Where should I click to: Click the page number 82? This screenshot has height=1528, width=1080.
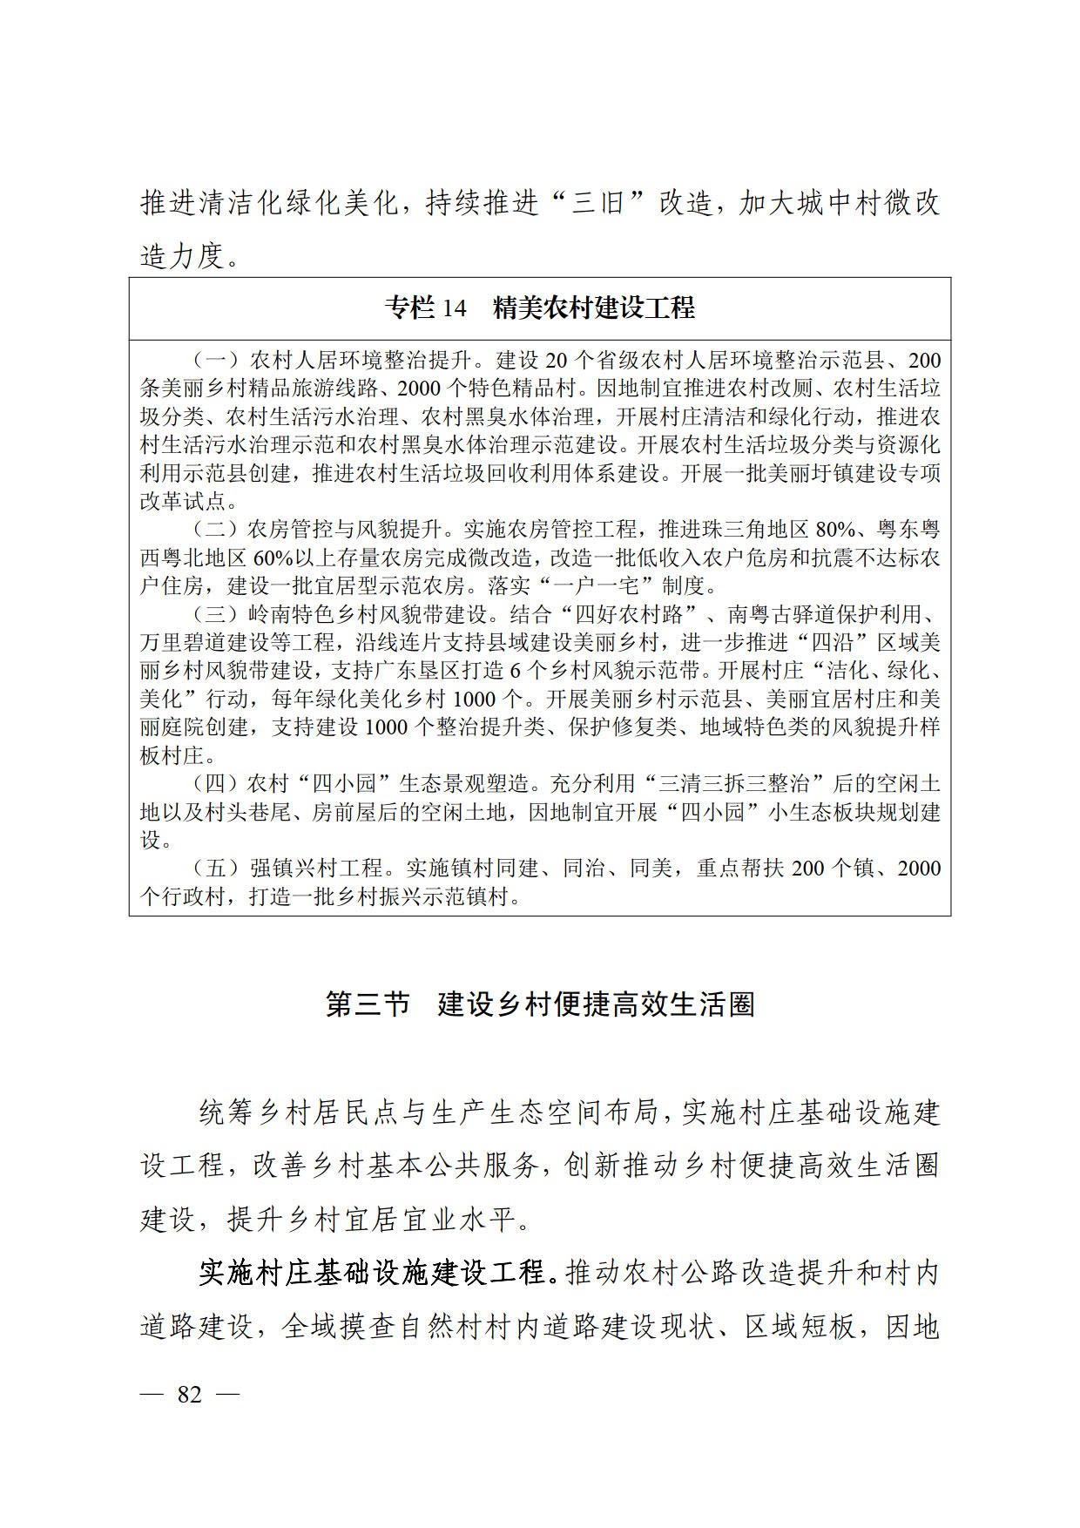click(189, 1394)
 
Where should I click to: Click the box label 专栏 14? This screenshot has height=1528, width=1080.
click(427, 308)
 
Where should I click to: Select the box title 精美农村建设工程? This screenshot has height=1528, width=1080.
click(594, 308)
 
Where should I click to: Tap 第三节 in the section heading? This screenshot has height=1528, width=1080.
click(368, 1004)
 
